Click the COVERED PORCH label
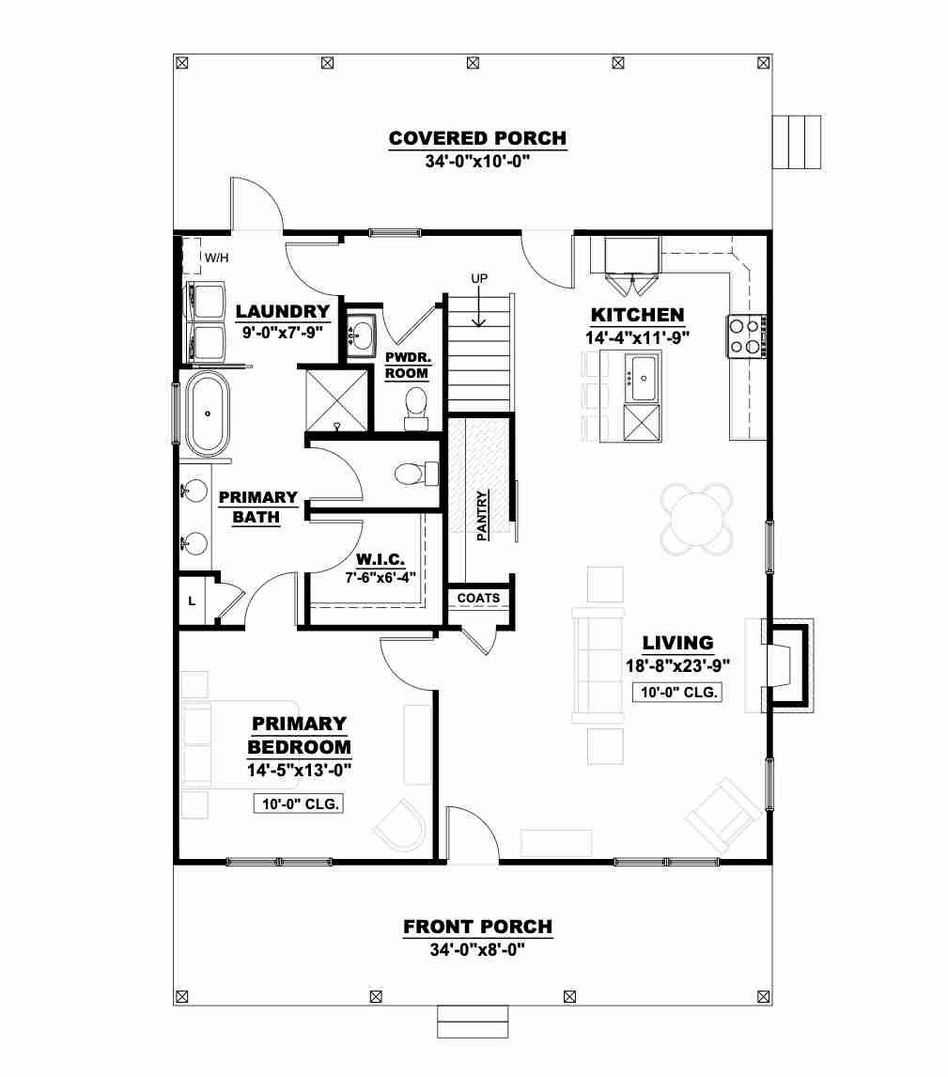(478, 138)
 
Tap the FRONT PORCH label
(478, 927)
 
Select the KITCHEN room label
(638, 315)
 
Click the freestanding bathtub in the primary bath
(208, 414)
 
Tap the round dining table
(696, 519)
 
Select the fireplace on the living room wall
(787, 665)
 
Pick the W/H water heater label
(216, 258)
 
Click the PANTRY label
(482, 515)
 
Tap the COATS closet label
(478, 599)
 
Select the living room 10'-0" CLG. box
(677, 692)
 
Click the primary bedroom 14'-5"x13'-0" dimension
(300, 770)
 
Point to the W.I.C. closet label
(381, 559)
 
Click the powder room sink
(361, 336)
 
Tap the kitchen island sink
(644, 378)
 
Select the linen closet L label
(192, 601)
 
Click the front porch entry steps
(473, 1022)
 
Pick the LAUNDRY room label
(283, 311)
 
